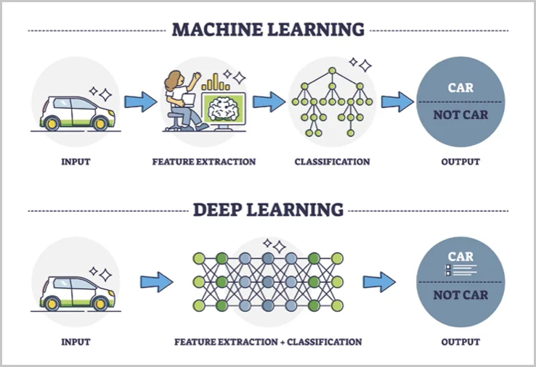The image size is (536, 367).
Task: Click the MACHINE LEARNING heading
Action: [267, 30]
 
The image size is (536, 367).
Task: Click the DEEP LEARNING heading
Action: [267, 210]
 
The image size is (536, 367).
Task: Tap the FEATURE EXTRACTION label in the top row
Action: [203, 162]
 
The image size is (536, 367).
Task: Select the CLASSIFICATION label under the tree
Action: [332, 162]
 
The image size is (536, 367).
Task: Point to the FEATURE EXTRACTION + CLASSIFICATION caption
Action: [267, 341]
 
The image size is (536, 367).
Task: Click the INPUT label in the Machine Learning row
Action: [76, 162]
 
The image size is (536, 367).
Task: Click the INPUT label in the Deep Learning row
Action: [76, 341]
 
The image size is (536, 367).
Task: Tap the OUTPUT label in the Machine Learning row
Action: [460, 162]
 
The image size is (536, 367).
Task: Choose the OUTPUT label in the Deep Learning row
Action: [460, 341]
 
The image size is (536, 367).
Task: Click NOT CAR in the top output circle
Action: [460, 115]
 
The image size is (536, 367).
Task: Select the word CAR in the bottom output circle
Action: [460, 257]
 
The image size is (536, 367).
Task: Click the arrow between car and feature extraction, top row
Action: [140, 102]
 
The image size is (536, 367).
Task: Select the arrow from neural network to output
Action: [378, 281]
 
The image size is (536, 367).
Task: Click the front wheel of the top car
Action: [100, 123]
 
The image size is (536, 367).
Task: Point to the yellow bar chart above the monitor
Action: [216, 83]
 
